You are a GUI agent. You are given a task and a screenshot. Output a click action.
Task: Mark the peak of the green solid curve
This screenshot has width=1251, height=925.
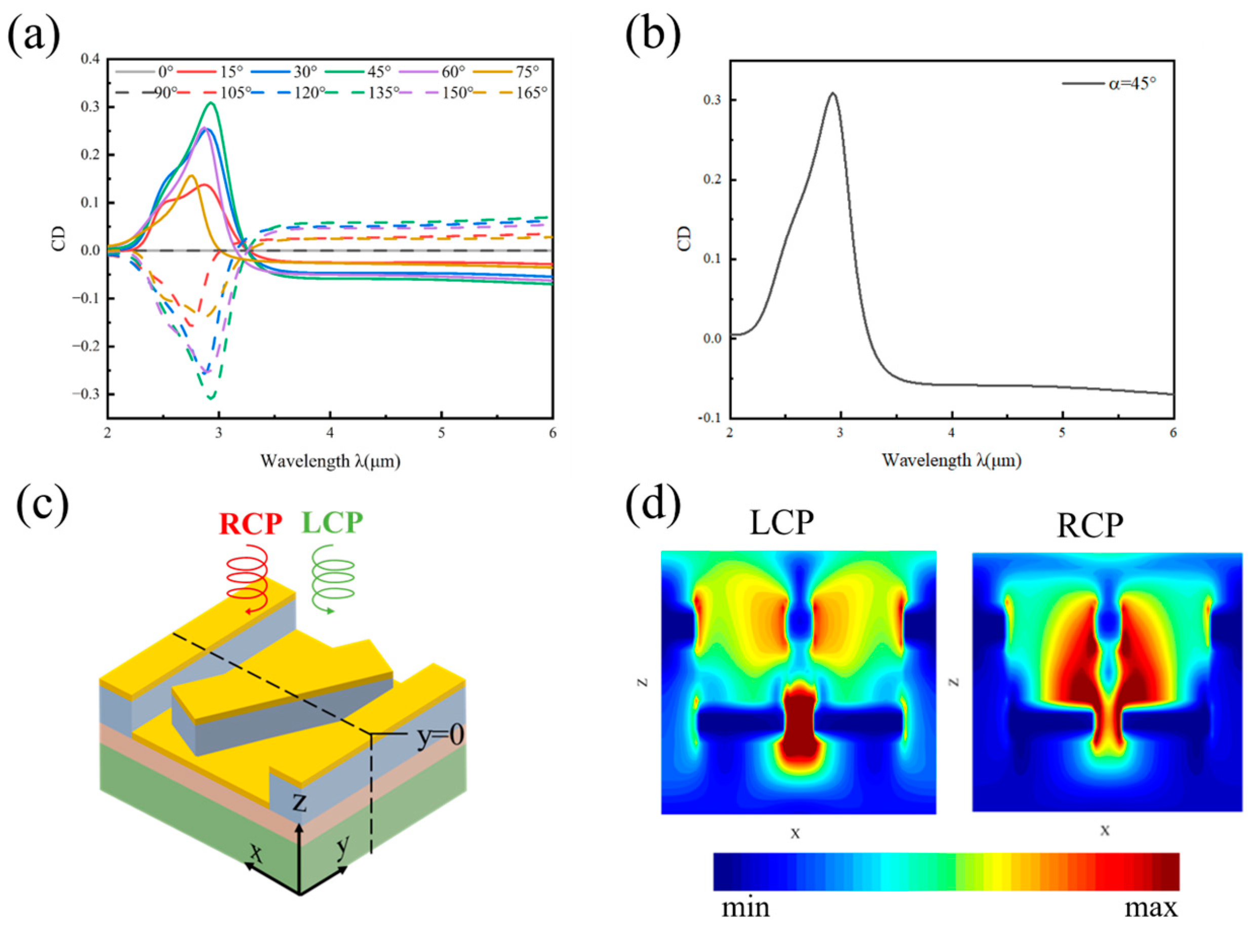tap(211, 103)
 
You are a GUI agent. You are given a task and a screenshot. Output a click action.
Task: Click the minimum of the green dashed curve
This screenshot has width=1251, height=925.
tap(211, 398)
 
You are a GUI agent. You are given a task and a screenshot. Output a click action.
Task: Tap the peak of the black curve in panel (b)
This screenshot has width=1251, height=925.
tap(833, 93)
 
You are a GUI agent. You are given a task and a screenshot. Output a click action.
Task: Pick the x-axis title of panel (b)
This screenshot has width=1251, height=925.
tap(952, 460)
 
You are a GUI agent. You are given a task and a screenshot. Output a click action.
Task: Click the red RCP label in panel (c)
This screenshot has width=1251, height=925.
tap(250, 524)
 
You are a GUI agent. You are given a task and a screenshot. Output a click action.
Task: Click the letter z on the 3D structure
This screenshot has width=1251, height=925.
tap(300, 802)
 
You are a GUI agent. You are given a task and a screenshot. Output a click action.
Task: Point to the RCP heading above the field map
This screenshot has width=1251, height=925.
tap(1089, 526)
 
